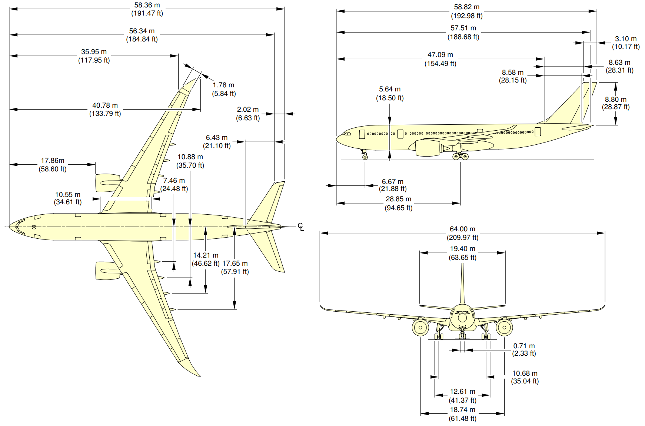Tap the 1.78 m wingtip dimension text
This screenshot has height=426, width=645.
click(x=223, y=85)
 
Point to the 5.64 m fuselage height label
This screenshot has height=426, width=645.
click(x=390, y=89)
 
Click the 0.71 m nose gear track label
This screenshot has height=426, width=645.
click(x=524, y=346)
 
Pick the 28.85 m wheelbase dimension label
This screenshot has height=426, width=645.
click(x=398, y=199)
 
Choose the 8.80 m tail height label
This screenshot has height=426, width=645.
click(x=616, y=99)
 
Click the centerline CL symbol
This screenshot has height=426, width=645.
click(x=301, y=227)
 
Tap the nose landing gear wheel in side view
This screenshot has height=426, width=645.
click(x=365, y=157)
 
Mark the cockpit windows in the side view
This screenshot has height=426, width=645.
click(x=347, y=134)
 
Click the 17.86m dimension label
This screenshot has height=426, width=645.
click(x=53, y=161)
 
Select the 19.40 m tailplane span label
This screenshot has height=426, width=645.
click(x=462, y=249)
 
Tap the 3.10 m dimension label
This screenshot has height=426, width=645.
click(x=626, y=39)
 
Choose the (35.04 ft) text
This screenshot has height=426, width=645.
click(x=525, y=381)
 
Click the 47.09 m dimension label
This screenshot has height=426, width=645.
click(x=440, y=55)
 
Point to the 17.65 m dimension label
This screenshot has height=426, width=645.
click(x=235, y=264)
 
